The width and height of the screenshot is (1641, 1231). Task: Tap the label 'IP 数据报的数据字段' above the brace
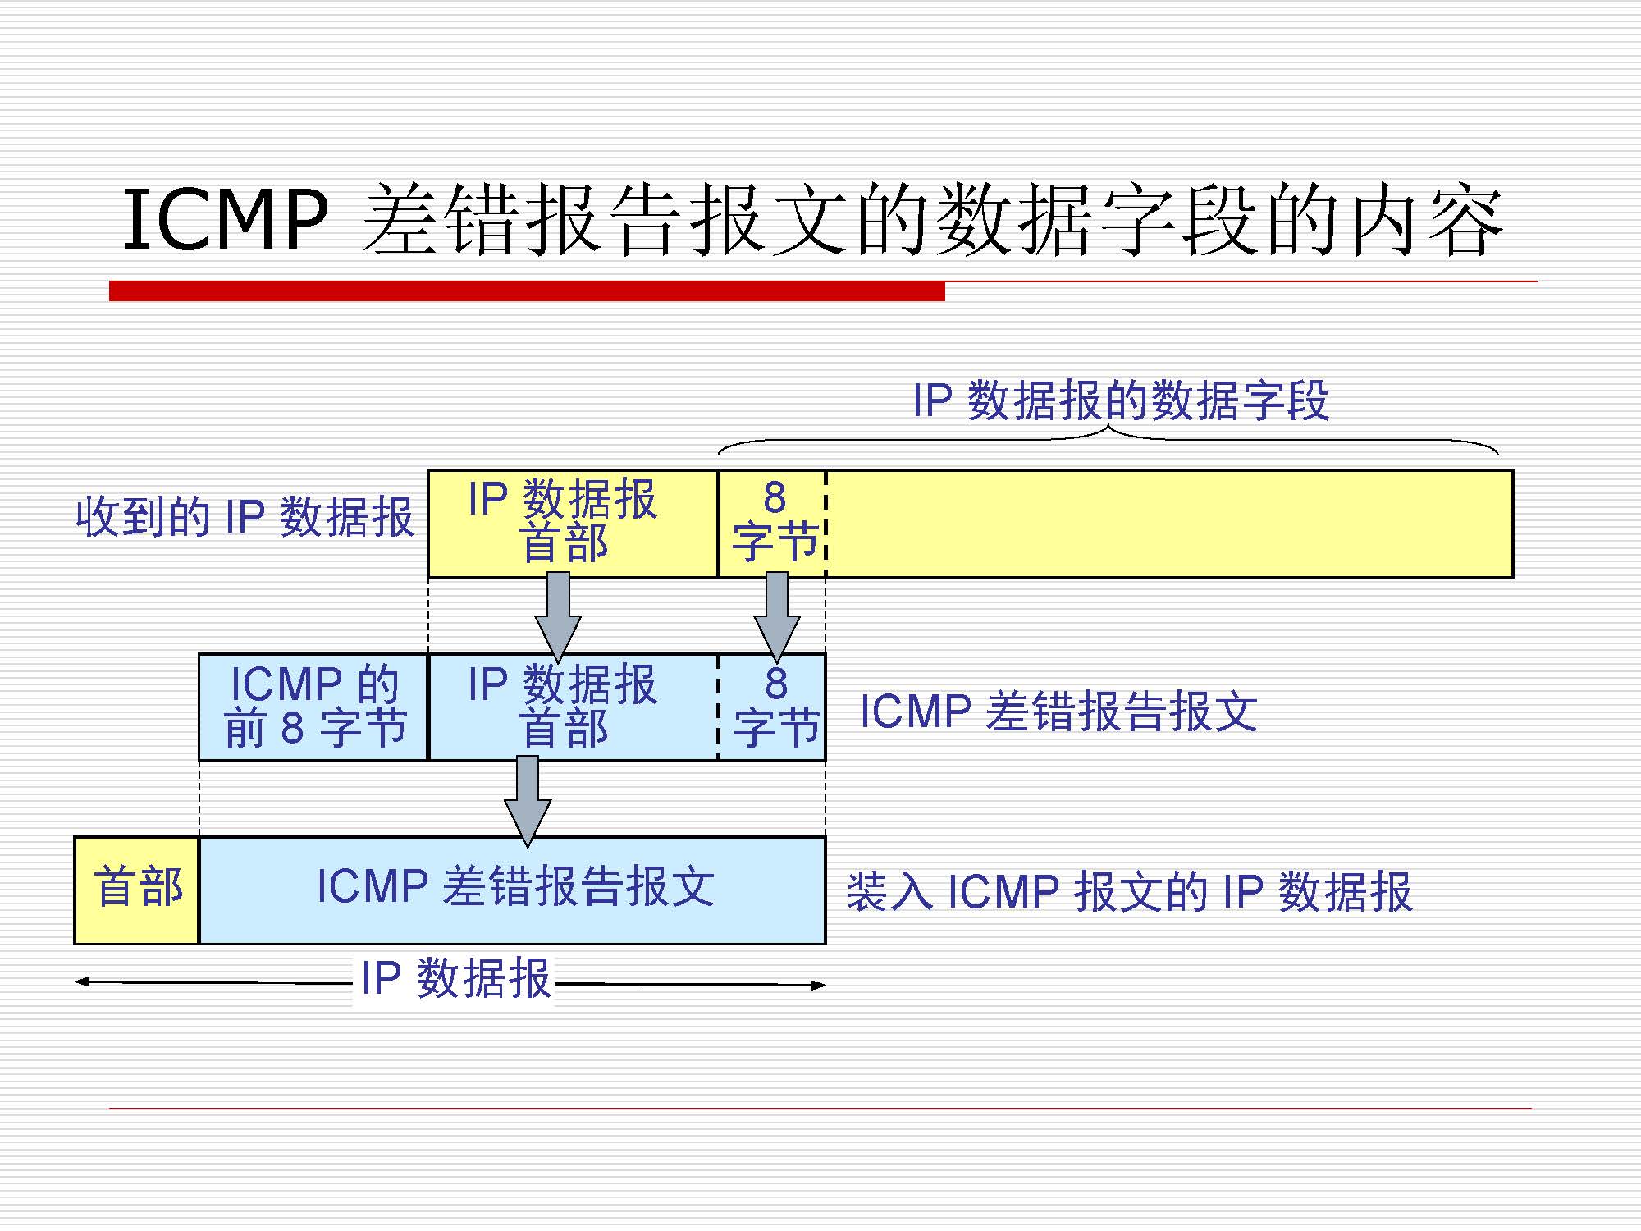pos(1121,401)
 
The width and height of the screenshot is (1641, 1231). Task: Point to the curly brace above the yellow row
pos(1108,439)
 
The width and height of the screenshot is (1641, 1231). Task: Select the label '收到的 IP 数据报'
pos(245,517)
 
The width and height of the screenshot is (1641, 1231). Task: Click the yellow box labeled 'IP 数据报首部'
pos(572,523)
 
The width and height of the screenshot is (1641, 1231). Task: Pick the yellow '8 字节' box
pos(772,523)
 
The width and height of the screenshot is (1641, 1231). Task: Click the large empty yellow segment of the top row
pos(1169,523)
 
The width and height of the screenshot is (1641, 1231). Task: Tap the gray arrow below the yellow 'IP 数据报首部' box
pos(558,615)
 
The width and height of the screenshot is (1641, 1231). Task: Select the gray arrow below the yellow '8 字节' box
pos(777,615)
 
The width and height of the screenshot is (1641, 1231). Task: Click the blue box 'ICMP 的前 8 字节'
pos(313,707)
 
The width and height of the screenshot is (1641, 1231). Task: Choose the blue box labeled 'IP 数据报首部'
pos(572,707)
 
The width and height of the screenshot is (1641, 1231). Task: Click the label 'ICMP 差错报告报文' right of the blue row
pos(1058,711)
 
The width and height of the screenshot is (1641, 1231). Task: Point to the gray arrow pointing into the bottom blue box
pos(528,800)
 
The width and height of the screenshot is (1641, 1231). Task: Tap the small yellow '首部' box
pos(137,890)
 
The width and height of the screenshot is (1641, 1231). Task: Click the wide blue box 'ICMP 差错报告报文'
pos(513,890)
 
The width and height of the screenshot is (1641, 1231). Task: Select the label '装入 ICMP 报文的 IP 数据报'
pos(1129,892)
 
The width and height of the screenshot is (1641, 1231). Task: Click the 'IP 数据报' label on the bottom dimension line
pos(455,978)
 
